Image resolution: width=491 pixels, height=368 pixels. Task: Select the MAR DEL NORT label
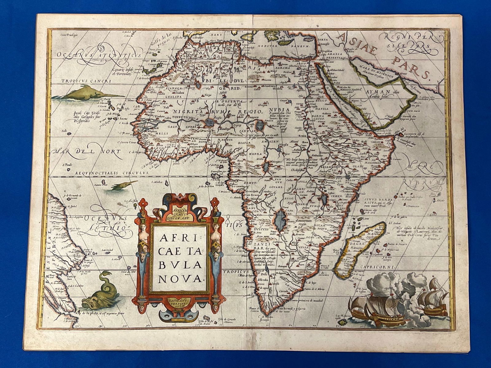(86, 151)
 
